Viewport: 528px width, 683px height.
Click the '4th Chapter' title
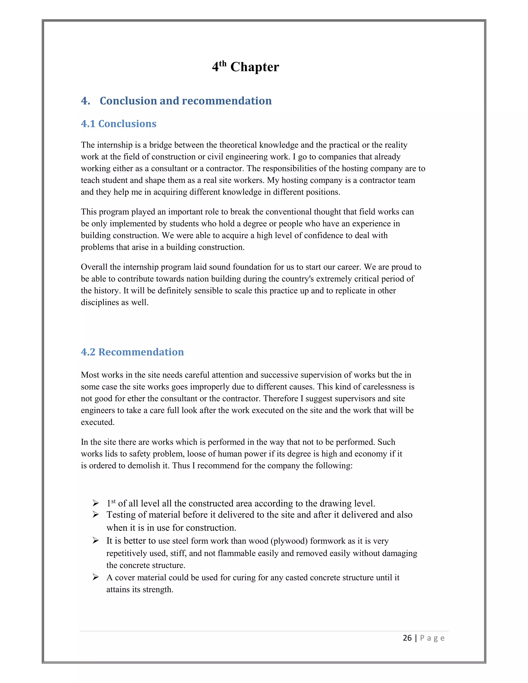[x=245, y=66]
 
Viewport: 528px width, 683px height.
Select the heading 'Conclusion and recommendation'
[x=185, y=101]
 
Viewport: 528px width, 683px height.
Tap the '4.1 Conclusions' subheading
[x=119, y=123]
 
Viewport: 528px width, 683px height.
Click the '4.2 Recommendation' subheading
[x=132, y=352]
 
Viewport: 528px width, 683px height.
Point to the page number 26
[x=407, y=638]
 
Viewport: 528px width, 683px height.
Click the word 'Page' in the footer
[x=432, y=638]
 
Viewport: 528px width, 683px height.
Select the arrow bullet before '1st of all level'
[x=96, y=503]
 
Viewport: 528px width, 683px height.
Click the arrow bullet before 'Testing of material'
[x=96, y=514]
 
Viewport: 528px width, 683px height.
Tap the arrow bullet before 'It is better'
[x=96, y=540]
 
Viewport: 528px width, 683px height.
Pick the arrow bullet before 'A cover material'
[x=96, y=577]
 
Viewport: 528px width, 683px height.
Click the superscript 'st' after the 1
[x=113, y=501]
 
